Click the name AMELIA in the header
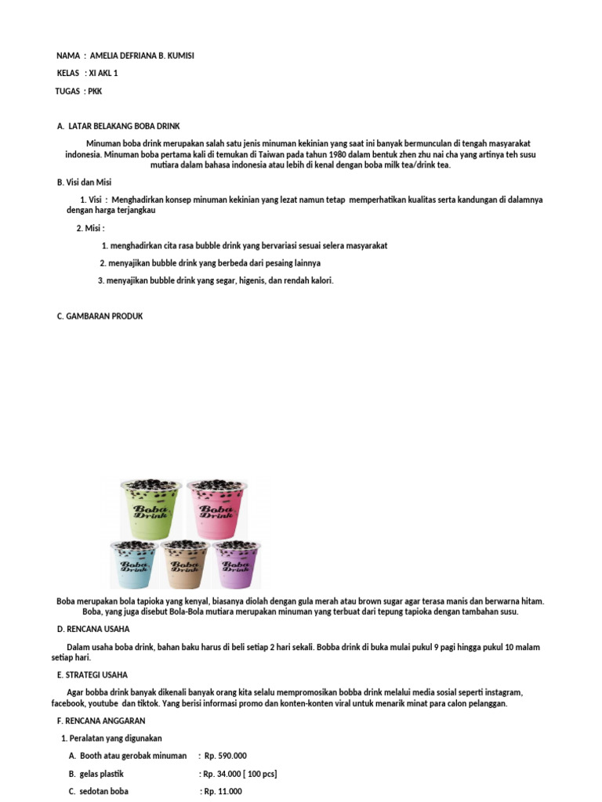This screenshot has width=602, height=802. tap(108, 56)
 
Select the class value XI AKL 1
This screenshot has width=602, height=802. tap(104, 74)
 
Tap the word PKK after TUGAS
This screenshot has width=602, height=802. tap(94, 92)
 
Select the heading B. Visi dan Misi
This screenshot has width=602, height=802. tap(85, 182)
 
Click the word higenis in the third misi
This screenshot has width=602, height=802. tap(252, 280)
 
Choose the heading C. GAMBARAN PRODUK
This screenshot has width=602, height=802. tap(100, 316)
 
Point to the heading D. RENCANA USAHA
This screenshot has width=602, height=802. tap(93, 629)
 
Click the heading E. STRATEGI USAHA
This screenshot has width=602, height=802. tap(92, 674)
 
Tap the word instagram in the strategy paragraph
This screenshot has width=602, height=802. tap(502, 692)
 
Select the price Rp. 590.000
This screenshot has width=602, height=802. tap(225, 756)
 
